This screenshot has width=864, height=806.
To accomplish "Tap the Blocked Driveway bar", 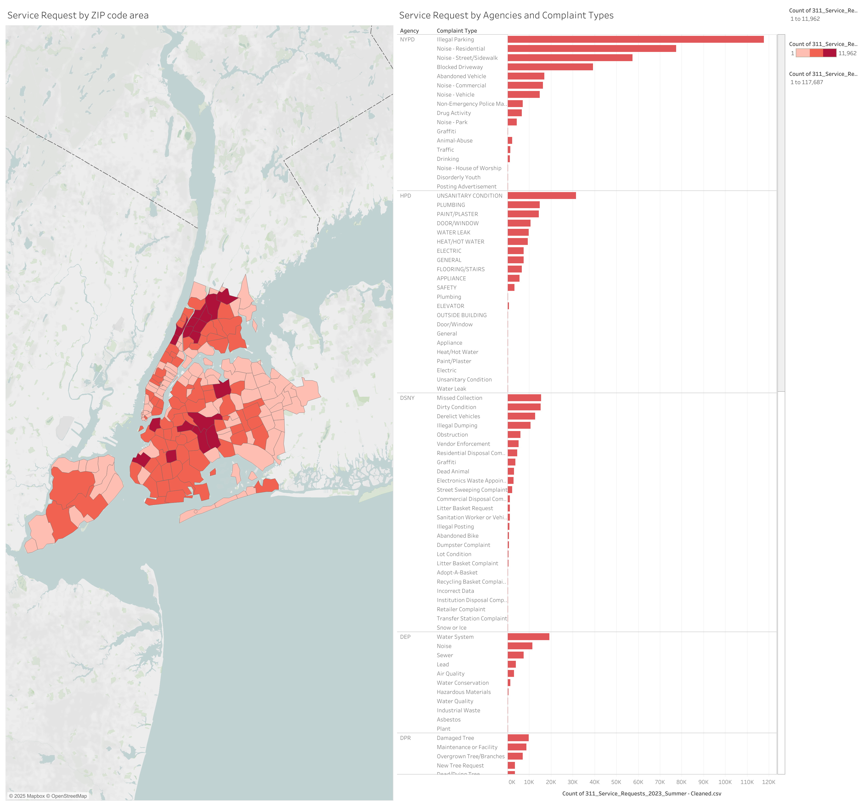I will pyautogui.click(x=550, y=67).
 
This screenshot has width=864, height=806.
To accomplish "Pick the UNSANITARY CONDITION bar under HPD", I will pyautogui.click(x=542, y=196).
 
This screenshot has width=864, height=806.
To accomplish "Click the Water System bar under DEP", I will pyautogui.click(x=528, y=636).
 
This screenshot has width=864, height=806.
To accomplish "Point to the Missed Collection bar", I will pyautogui.click(x=524, y=398).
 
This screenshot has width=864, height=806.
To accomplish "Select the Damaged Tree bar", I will pyautogui.click(x=518, y=738).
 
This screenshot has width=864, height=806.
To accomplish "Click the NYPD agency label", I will pyautogui.click(x=407, y=40).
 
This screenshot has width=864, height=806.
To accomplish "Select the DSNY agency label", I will pyautogui.click(x=407, y=398).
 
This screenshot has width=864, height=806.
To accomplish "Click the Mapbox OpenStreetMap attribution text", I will pyautogui.click(x=48, y=796).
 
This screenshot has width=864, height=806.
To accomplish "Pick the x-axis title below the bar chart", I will pyautogui.click(x=641, y=793).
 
